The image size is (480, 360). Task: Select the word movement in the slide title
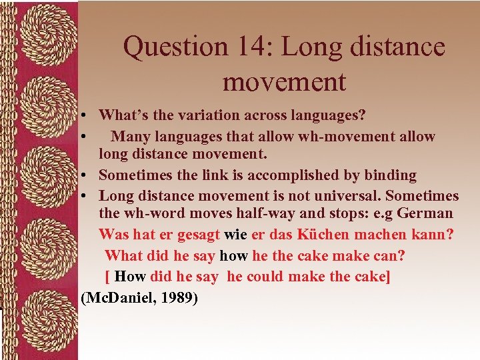coord(284,83)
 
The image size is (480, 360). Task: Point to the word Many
coord(131,136)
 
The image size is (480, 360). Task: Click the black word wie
coord(235,235)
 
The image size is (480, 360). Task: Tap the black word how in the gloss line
coord(233,255)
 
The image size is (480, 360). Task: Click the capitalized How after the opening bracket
coord(129,276)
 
